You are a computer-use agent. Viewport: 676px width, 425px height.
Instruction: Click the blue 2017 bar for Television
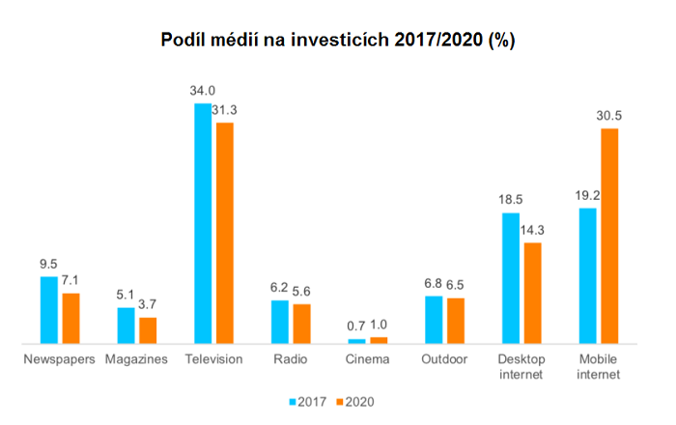202,222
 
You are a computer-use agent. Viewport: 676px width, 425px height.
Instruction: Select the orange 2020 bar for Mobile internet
609,236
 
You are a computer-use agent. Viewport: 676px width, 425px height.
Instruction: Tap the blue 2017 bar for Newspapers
48,309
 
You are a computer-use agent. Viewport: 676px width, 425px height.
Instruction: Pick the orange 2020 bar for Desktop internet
532,293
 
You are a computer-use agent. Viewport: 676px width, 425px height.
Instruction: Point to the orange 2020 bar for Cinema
379,340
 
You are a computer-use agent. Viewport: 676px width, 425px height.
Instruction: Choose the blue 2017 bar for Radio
280,322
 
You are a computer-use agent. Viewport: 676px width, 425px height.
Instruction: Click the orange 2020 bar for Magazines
148,329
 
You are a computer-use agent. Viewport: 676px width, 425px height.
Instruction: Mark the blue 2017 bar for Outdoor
434,319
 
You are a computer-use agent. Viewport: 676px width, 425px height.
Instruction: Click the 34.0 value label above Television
202,92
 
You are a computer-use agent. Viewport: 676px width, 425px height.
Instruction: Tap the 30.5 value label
609,117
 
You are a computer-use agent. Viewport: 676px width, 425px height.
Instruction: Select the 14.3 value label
532,231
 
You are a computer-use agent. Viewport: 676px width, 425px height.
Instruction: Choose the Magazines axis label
136,359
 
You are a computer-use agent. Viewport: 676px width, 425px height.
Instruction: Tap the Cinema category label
367,359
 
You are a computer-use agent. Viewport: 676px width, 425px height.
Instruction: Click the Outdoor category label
444,359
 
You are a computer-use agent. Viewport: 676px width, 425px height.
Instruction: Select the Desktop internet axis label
521,366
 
